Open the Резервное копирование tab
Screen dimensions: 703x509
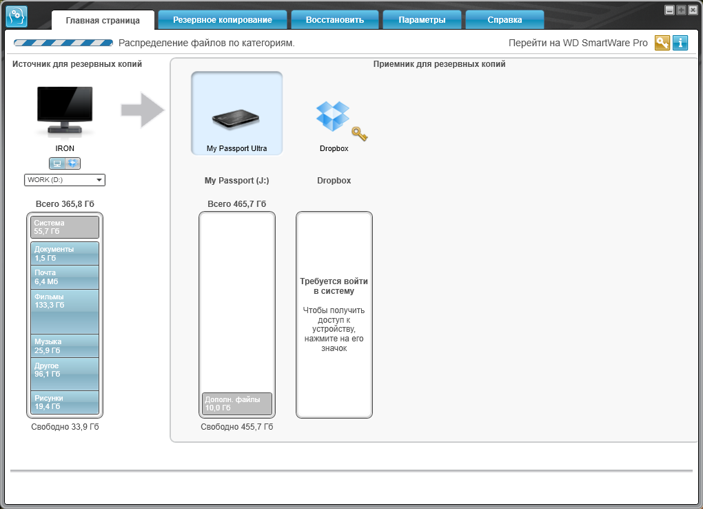(x=223, y=20)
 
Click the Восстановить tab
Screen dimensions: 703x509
(x=335, y=20)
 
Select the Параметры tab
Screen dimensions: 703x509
(x=422, y=20)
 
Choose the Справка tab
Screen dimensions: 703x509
(x=505, y=20)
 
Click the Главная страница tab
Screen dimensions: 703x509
(x=103, y=20)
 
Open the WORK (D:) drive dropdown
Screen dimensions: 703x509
(x=65, y=180)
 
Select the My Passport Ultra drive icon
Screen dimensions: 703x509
(x=236, y=119)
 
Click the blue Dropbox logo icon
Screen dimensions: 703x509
(x=333, y=116)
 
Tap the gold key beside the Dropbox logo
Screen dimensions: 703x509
(x=360, y=134)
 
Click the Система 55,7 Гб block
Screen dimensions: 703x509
(x=65, y=227)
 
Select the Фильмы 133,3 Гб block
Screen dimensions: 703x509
(x=65, y=312)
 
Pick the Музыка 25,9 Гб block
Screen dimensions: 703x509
(x=65, y=346)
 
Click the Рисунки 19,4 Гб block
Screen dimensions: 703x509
(x=65, y=402)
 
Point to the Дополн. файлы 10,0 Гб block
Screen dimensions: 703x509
(x=236, y=403)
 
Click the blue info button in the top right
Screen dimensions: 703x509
(x=680, y=43)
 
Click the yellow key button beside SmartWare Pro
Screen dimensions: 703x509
(x=662, y=43)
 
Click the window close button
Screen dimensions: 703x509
(x=693, y=10)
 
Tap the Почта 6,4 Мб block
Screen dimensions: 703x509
(x=65, y=277)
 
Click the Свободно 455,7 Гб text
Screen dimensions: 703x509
(x=236, y=427)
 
